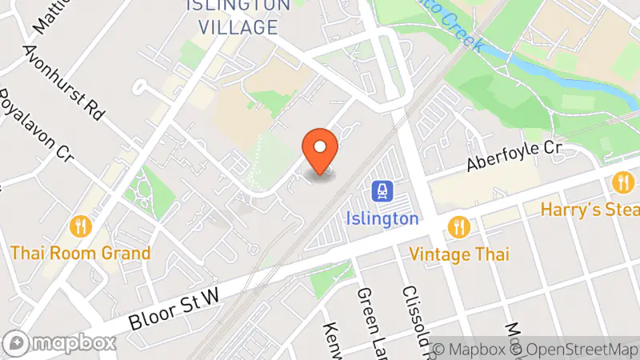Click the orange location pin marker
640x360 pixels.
[x=320, y=151]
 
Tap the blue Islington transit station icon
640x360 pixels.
[x=382, y=191]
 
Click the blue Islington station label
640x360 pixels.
[x=382, y=218]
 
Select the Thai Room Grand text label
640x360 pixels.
[x=80, y=254]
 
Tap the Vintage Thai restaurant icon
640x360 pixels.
[x=458, y=227]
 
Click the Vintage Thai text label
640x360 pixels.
[x=458, y=254]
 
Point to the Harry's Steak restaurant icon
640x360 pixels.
[x=622, y=183]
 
